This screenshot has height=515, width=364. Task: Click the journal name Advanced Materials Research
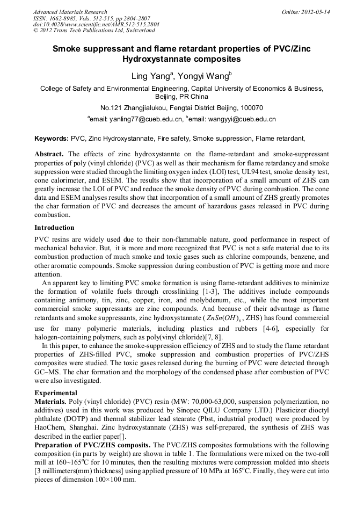70,12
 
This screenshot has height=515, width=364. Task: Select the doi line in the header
96,24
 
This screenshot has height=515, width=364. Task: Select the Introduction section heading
55,228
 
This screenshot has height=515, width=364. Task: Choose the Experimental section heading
56,393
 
